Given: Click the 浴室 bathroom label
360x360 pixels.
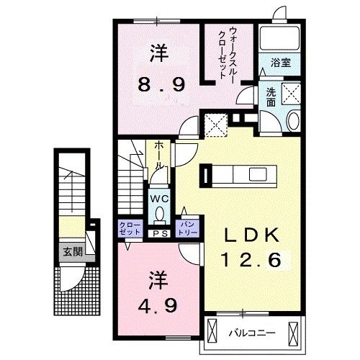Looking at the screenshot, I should coord(281,63).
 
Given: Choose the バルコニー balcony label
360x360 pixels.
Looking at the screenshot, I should coord(248,333).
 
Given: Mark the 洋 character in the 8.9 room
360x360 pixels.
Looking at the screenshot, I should coord(159,52).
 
